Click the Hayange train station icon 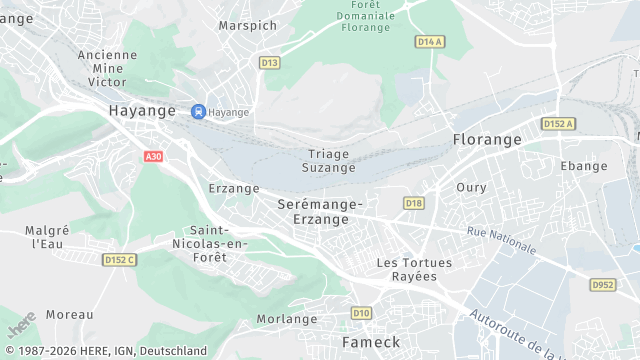[198, 112]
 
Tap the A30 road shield [153, 157]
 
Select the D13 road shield [269, 62]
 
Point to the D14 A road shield [429, 42]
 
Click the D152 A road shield [559, 124]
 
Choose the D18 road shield [414, 204]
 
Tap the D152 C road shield [119, 260]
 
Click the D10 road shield [362, 313]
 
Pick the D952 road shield [603, 285]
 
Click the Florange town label [487, 140]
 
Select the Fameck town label [371, 342]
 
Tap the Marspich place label [247, 25]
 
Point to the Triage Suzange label [329, 161]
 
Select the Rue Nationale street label [501, 240]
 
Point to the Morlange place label [287, 319]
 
